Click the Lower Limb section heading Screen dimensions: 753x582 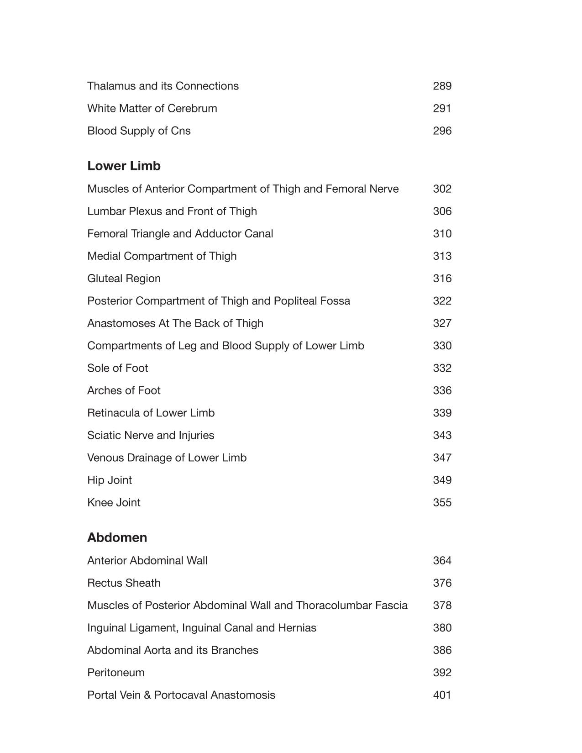click(124, 166)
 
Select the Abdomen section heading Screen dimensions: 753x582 click(117, 537)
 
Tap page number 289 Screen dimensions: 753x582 click(442, 86)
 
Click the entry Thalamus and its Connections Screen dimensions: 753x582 click(163, 86)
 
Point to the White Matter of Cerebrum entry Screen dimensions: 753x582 click(152, 108)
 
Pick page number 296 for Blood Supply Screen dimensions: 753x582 click(442, 131)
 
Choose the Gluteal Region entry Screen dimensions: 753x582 click(124, 279)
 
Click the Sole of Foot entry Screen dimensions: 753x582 click(117, 368)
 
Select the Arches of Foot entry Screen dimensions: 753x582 click(124, 390)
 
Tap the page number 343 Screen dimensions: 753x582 click(442, 435)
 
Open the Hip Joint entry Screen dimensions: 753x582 click(110, 480)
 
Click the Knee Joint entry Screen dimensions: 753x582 click(114, 502)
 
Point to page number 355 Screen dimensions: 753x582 click(442, 502)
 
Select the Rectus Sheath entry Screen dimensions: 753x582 click(124, 583)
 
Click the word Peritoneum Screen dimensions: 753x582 click(115, 673)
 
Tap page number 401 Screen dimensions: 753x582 click(442, 695)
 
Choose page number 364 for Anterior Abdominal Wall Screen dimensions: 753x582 click(442, 560)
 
